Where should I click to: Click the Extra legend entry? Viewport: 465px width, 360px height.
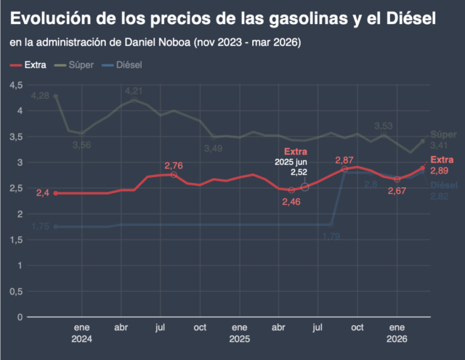(36, 65)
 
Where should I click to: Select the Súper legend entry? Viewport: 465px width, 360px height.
(80, 65)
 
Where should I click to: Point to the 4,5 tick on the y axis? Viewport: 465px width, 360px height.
(15, 86)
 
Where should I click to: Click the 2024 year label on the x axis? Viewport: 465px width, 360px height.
(82, 339)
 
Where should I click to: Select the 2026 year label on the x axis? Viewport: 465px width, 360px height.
(397, 339)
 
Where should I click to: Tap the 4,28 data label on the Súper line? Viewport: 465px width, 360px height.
(41, 96)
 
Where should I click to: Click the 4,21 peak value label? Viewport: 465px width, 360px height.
(134, 91)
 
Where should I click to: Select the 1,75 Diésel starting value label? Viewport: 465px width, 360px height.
(41, 226)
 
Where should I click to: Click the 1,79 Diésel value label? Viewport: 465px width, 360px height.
(332, 236)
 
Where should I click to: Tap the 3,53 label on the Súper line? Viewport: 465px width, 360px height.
(384, 126)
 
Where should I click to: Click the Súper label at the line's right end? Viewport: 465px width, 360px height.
(443, 135)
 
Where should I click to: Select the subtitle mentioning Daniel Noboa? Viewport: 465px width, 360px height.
(155, 43)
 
